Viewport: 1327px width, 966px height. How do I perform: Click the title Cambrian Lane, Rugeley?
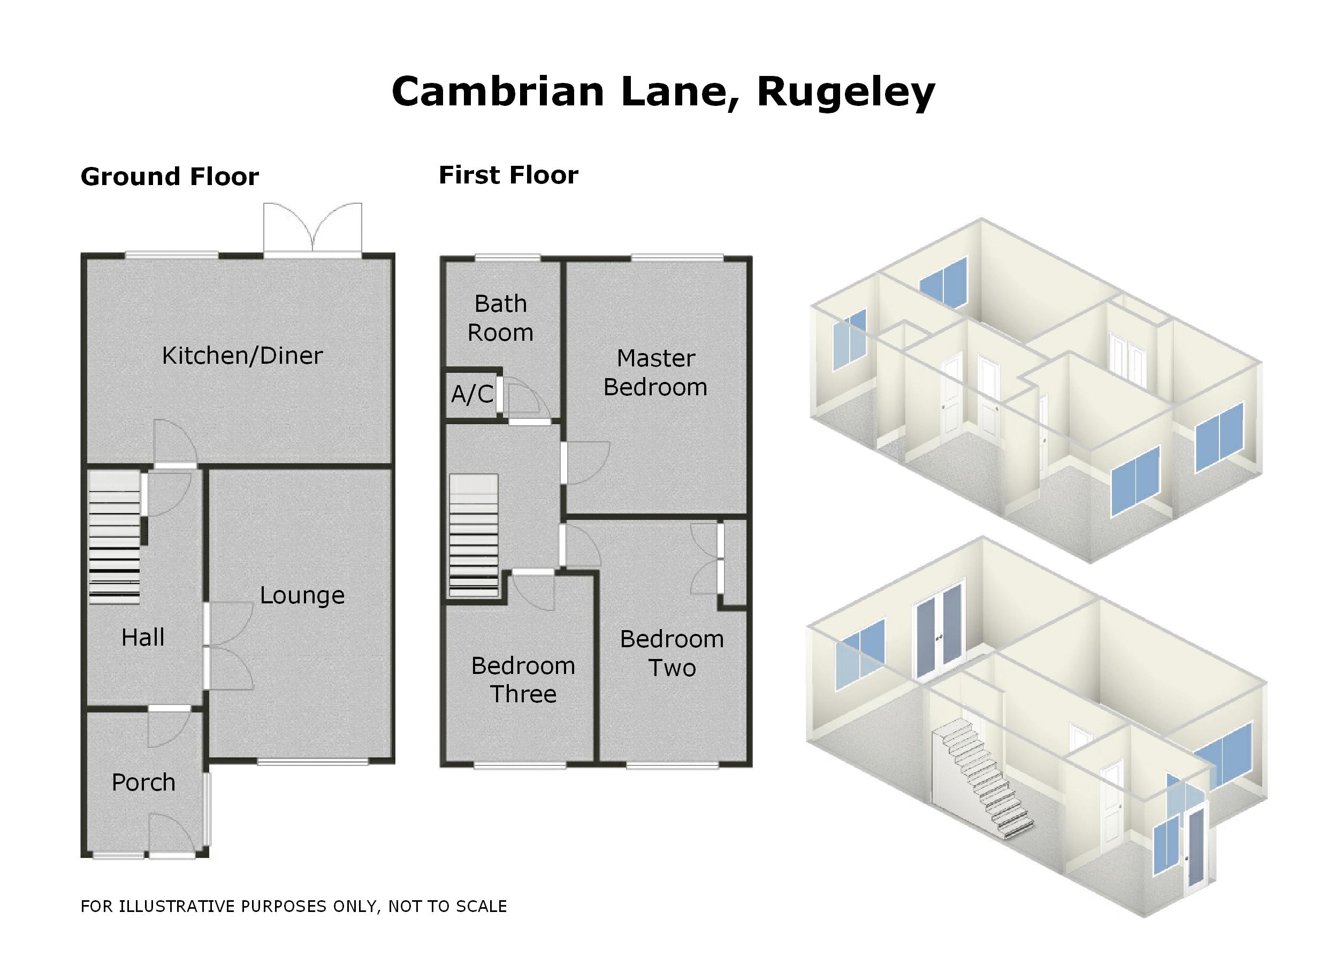coord(663,92)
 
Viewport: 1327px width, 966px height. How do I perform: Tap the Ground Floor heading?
coord(170,177)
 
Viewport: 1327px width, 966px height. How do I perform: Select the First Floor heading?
coord(508,175)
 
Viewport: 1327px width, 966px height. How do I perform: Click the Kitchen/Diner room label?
coord(242,356)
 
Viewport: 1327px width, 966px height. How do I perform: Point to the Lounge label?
coord(302,595)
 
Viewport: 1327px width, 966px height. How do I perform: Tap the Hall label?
coord(143,637)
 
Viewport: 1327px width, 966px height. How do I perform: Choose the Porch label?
coord(143,782)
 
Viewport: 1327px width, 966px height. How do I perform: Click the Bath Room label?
coord(501,318)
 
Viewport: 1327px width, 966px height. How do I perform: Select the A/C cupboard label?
coord(471,394)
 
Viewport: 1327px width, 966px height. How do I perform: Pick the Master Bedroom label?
coord(655,372)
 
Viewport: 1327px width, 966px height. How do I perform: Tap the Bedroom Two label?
coord(672,653)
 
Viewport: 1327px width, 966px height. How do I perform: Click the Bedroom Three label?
coord(523,679)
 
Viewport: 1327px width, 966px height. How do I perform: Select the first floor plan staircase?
coord(474,535)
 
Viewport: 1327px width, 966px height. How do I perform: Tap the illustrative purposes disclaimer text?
coord(294,906)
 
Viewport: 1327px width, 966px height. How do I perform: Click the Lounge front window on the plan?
coord(313,761)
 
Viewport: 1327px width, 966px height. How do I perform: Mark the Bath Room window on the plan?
coord(507,257)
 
